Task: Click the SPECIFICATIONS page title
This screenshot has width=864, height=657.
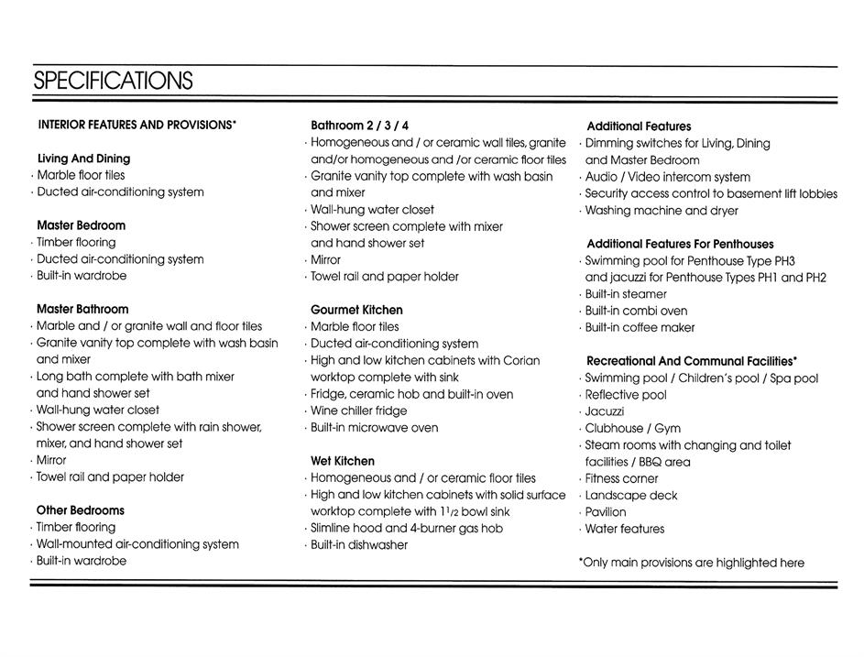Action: (x=113, y=81)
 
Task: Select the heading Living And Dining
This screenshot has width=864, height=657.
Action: (x=83, y=159)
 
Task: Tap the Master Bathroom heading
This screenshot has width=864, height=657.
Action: (x=82, y=309)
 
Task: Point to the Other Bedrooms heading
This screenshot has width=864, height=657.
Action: (x=81, y=510)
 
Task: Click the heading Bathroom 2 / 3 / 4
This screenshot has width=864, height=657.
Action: (x=360, y=126)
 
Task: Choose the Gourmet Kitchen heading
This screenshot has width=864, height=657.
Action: (x=356, y=310)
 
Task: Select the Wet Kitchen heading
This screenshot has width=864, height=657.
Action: (x=343, y=461)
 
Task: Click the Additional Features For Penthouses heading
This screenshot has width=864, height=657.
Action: (x=680, y=244)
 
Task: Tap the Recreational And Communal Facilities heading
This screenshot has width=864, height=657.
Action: (x=692, y=361)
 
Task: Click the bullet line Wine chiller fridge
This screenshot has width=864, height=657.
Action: (x=359, y=411)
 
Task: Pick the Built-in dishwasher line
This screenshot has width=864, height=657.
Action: (x=359, y=545)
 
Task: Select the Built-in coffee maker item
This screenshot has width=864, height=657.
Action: (x=640, y=327)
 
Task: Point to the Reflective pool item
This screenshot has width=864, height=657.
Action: (x=626, y=395)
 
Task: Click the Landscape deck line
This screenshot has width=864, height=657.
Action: (x=631, y=496)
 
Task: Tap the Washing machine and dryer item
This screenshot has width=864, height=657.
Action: (x=662, y=211)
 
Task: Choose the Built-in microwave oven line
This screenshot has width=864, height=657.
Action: (x=374, y=428)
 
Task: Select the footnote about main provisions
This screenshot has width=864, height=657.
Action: (x=692, y=563)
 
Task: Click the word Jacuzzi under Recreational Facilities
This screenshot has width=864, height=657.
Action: (x=605, y=411)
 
